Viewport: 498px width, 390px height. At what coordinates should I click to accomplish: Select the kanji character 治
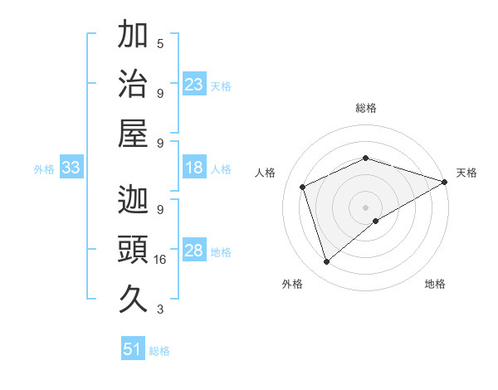[x=133, y=83]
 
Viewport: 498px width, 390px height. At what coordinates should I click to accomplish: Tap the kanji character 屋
[x=133, y=133]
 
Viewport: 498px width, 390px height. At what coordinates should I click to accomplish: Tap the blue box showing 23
[x=194, y=85]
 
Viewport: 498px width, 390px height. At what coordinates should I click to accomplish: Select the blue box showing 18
[x=194, y=168]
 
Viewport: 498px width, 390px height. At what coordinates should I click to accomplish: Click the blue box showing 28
[x=194, y=251]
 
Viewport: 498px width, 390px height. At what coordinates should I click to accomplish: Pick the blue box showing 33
[x=71, y=168]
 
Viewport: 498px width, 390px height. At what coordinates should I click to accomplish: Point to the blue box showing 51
[x=133, y=349]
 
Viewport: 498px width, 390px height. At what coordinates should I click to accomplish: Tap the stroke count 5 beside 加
[x=160, y=43]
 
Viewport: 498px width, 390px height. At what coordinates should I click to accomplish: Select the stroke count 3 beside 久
[x=160, y=310]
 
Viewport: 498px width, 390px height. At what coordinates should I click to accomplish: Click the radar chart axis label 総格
[x=366, y=108]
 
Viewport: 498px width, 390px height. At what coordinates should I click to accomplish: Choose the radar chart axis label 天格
[x=466, y=173]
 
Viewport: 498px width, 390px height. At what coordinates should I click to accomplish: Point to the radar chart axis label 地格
[x=435, y=285]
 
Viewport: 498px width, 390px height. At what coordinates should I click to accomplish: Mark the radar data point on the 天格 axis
[x=445, y=181]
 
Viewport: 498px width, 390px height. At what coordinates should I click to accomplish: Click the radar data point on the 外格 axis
[x=326, y=262]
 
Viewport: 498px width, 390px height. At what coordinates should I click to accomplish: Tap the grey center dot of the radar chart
[x=366, y=207]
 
